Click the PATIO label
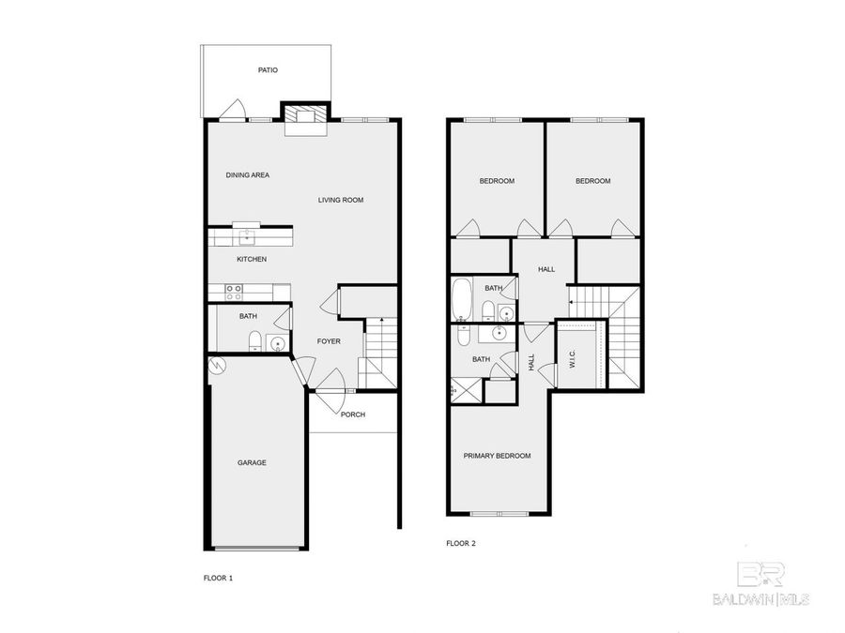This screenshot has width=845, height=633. (x=269, y=70)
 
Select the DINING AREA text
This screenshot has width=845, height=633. (x=248, y=175)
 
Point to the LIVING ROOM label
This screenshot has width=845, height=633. (x=340, y=200)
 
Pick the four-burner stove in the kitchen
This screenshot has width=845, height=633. (x=234, y=292)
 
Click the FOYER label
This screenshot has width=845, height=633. (x=329, y=341)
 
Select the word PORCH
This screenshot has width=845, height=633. (x=353, y=414)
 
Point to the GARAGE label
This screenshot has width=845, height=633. (x=252, y=462)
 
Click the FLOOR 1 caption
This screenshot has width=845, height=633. (x=218, y=579)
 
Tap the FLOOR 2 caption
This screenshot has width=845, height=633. (x=461, y=543)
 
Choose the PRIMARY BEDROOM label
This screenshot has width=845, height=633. (x=498, y=456)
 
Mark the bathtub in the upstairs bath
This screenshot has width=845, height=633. (x=462, y=299)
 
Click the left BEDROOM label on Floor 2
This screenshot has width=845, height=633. (x=497, y=181)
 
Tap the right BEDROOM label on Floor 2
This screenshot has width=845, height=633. (x=592, y=181)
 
